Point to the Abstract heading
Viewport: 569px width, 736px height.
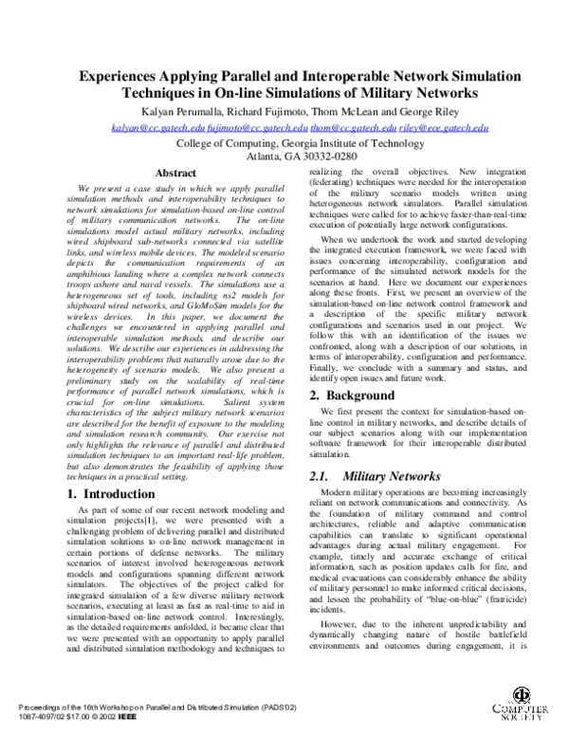pyautogui.click(x=174, y=174)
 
